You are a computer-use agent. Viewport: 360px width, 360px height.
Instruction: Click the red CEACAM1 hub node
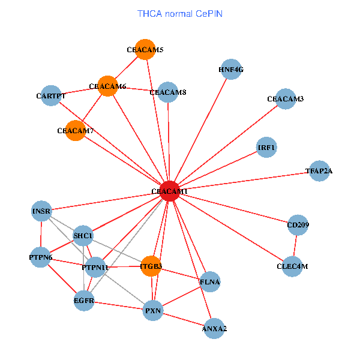coord(170,191)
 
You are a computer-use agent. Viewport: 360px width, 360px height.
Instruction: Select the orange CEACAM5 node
coord(145,50)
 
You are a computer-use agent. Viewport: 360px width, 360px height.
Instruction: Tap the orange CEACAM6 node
coord(107,86)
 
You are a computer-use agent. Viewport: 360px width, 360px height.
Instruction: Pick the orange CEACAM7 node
coord(76,130)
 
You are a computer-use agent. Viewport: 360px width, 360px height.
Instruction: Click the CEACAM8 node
coord(168,92)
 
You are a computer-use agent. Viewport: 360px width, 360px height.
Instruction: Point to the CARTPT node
coord(51,95)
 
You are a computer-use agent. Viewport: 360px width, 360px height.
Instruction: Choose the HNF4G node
coord(231,70)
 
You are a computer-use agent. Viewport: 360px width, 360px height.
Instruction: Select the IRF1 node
coord(266,147)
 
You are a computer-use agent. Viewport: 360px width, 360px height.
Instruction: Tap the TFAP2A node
coord(319,171)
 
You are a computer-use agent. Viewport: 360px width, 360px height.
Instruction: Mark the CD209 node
coord(298,226)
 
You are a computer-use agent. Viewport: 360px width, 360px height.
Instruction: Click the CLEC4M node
coord(292,266)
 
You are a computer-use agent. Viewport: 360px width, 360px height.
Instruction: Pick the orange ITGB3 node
coord(152,266)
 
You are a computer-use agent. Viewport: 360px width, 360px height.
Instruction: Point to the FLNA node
coord(210,281)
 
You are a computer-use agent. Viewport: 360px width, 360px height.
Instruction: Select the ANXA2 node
coord(215,328)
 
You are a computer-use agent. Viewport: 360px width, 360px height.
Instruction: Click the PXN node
coord(153,311)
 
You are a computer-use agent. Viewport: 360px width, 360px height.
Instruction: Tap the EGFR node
coord(84,300)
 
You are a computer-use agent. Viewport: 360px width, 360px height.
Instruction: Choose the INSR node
coord(41,211)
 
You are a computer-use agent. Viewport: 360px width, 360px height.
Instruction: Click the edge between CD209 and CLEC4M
coord(295,246)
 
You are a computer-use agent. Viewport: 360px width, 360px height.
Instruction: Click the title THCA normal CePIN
coord(180,13)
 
